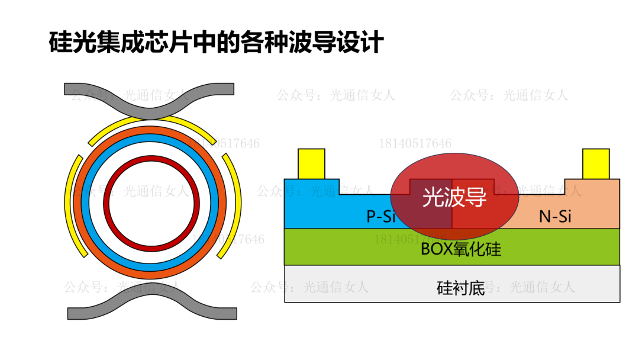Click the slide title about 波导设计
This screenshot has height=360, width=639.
[x=216, y=43]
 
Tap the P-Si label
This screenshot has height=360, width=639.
[x=380, y=217]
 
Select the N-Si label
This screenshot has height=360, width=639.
[x=555, y=217]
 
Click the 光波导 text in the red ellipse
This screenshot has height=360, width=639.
[x=454, y=198]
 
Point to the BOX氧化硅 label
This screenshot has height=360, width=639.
[x=460, y=249]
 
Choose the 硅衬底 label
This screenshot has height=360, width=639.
[x=460, y=288]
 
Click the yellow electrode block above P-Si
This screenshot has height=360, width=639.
[x=311, y=163]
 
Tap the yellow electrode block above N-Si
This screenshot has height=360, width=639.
[x=595, y=163]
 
